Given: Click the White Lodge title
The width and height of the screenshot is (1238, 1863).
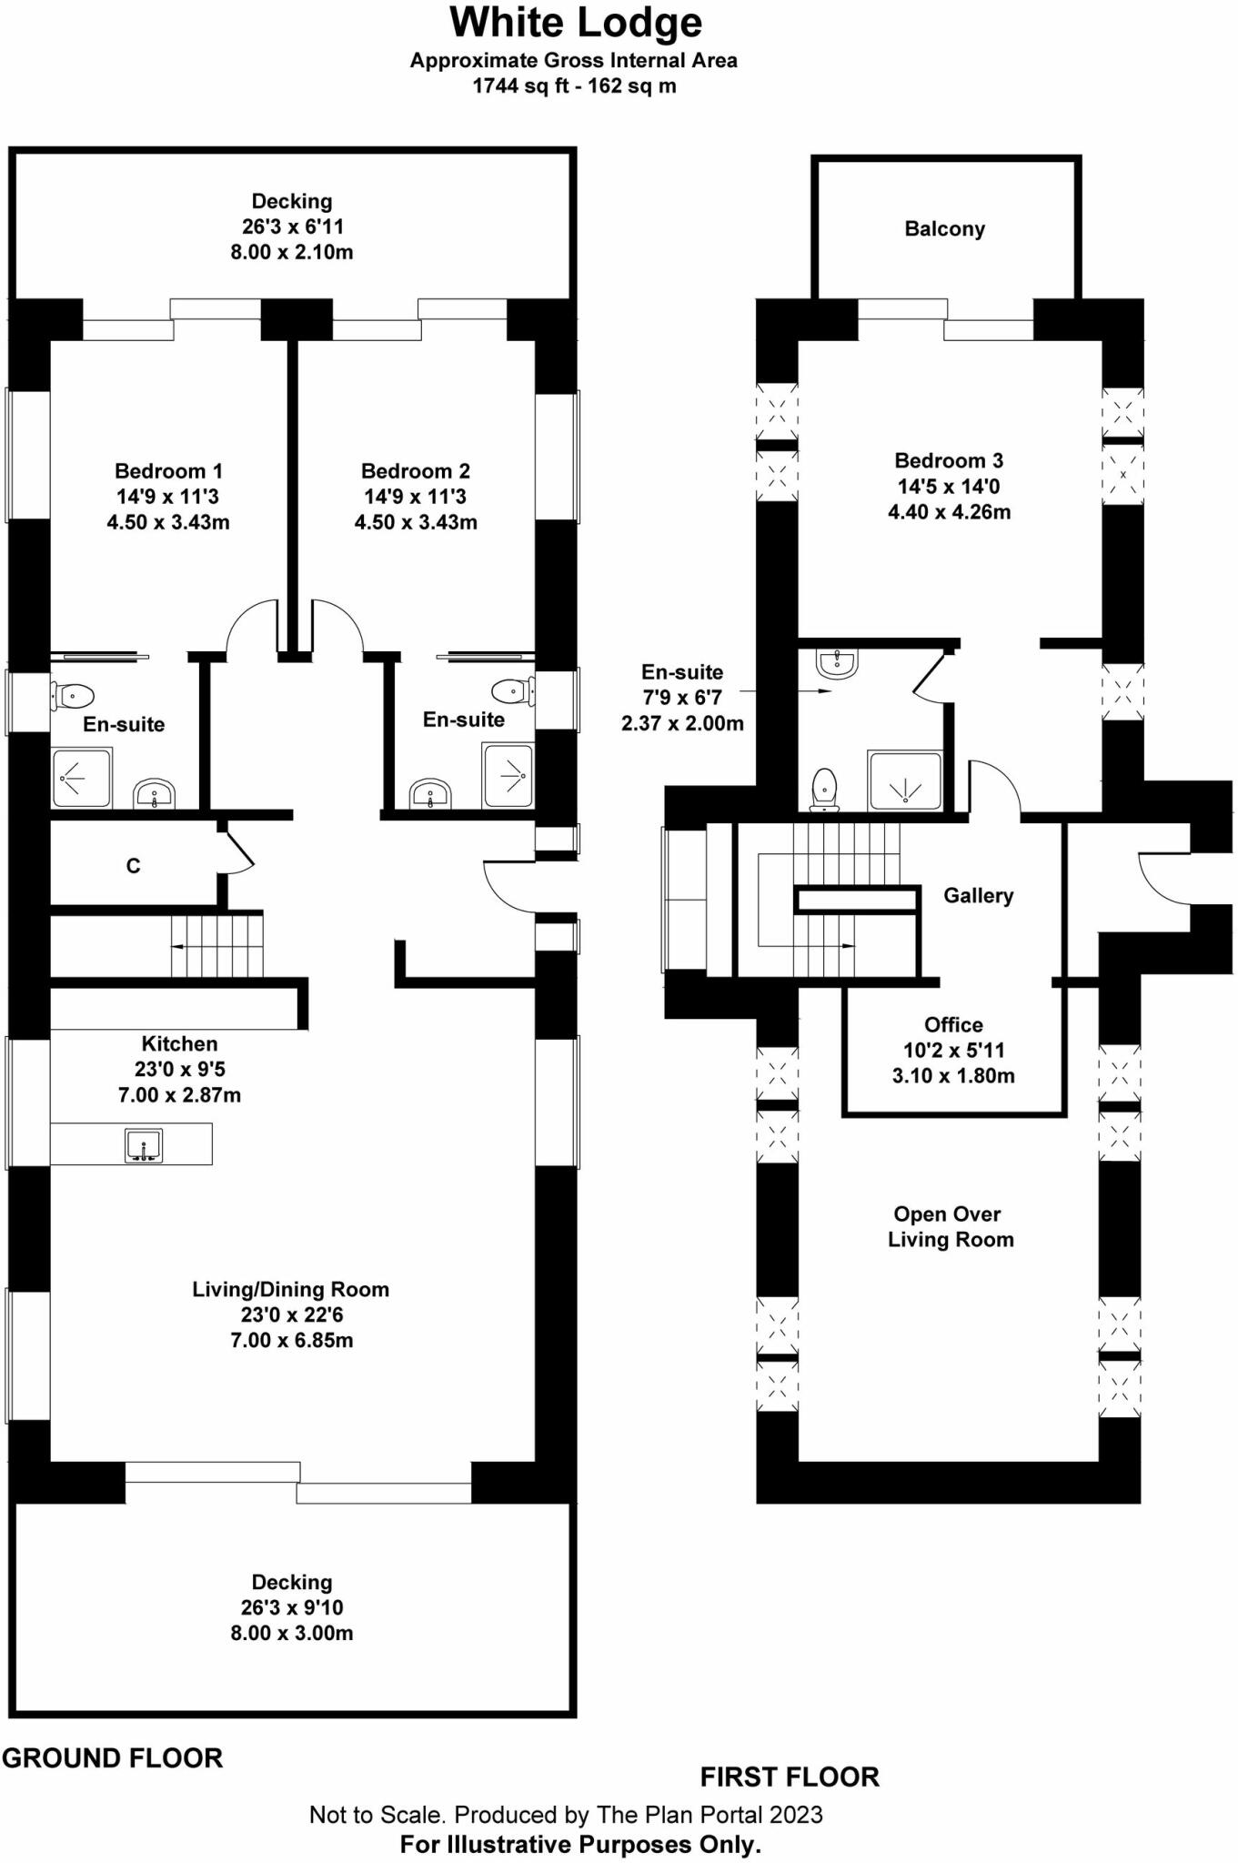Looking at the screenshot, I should (x=576, y=23).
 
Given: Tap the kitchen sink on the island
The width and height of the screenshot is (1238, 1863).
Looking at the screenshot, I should (x=143, y=1144).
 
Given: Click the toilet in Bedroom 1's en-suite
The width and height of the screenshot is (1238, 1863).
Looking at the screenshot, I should (x=73, y=697).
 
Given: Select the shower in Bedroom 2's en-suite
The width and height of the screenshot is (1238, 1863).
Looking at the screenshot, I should (x=508, y=775).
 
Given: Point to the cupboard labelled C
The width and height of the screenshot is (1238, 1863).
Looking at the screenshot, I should (x=133, y=866).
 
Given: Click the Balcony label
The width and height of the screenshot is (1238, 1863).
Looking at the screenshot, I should (x=944, y=229).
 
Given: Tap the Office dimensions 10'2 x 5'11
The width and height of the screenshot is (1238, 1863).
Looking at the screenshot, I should (x=953, y=1050).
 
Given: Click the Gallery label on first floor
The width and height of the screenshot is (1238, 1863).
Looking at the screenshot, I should (x=978, y=896).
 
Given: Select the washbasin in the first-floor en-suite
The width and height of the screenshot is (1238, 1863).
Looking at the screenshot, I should (x=836, y=663).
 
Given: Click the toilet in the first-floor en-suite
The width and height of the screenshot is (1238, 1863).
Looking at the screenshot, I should (x=824, y=788).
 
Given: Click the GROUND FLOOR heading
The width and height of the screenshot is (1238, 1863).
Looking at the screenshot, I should (x=113, y=1758).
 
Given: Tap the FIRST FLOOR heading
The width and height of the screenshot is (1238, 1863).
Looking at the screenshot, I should (x=790, y=1777).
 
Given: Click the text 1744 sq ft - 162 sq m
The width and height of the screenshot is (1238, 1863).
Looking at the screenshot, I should (x=574, y=86).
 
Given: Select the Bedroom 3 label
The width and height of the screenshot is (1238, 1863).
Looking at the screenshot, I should (x=949, y=460).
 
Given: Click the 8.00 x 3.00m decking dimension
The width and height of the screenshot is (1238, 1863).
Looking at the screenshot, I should (x=292, y=1633).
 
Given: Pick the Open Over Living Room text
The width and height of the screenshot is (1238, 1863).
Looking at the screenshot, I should (x=949, y=1227).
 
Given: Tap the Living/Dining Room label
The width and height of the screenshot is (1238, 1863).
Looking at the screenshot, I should (x=290, y=1289).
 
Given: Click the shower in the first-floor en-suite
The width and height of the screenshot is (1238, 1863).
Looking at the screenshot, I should (x=905, y=780).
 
